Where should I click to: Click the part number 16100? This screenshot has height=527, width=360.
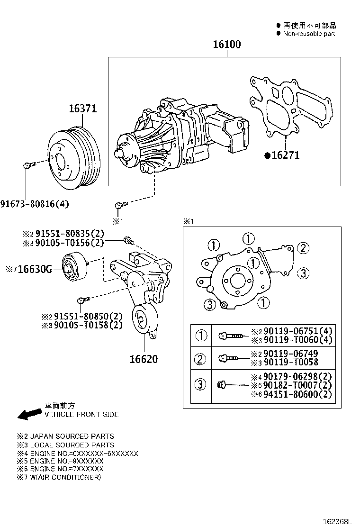click(226, 45)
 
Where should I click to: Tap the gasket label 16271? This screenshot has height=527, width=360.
click(285, 155)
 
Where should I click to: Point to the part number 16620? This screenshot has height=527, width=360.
click(144, 359)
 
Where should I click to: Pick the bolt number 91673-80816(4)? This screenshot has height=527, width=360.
click(35, 204)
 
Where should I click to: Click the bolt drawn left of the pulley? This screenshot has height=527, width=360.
click(28, 165)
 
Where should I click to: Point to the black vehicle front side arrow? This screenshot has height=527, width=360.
click(28, 413)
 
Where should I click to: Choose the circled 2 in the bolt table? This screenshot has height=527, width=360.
click(201, 359)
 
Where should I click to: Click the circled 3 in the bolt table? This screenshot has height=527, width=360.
click(201, 385)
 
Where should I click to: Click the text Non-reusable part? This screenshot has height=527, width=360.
click(309, 34)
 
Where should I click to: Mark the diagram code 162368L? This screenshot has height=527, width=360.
click(338, 521)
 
